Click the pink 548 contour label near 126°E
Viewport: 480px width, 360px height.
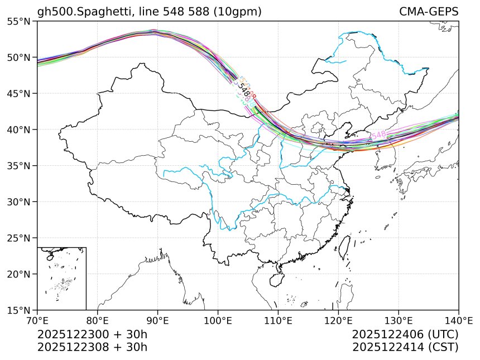point(378,135)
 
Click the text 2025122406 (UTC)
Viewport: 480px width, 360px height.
point(405,335)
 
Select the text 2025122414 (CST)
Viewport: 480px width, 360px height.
point(405,347)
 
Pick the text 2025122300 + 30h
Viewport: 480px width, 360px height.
point(92,335)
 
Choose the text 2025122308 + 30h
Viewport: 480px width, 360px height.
point(92,347)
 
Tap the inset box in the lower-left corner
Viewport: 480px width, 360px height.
point(61,278)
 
